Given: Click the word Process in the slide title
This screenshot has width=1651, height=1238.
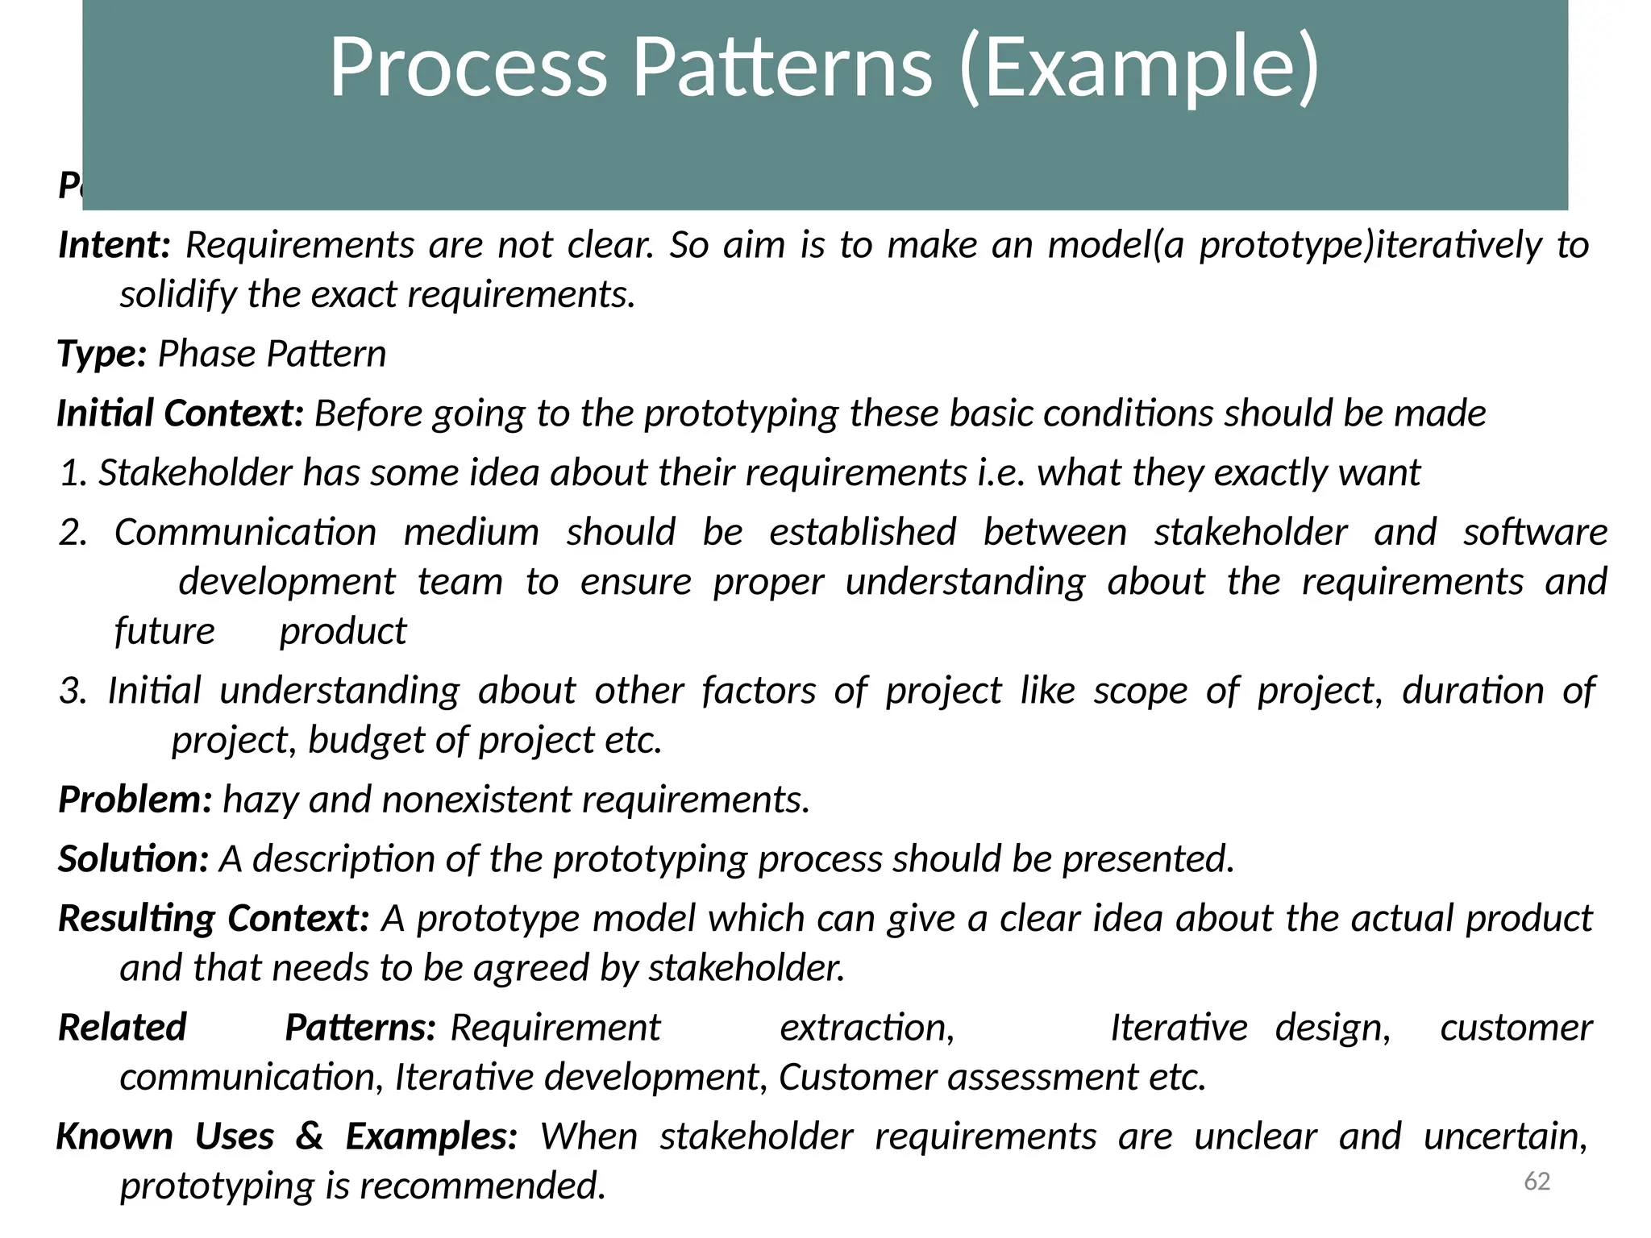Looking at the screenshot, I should [x=468, y=68].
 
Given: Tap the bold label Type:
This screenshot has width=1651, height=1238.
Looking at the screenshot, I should [x=102, y=354].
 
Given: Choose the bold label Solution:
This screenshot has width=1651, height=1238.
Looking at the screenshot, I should [x=134, y=859].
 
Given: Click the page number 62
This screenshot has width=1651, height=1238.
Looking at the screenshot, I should [x=1537, y=1182].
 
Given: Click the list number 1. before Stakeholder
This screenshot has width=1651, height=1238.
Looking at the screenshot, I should [x=73, y=473].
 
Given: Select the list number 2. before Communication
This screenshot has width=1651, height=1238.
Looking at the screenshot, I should [x=73, y=533].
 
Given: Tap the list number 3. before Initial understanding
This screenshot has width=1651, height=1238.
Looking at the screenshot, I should [x=73, y=692].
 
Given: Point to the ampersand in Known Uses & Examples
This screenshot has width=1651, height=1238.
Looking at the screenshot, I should [x=310, y=1136].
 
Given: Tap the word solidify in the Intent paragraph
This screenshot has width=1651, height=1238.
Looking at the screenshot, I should [x=178, y=295].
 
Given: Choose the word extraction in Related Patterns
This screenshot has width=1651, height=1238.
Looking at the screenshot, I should [x=867, y=1028].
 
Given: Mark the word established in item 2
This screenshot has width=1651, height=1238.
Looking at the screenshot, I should [x=863, y=533].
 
